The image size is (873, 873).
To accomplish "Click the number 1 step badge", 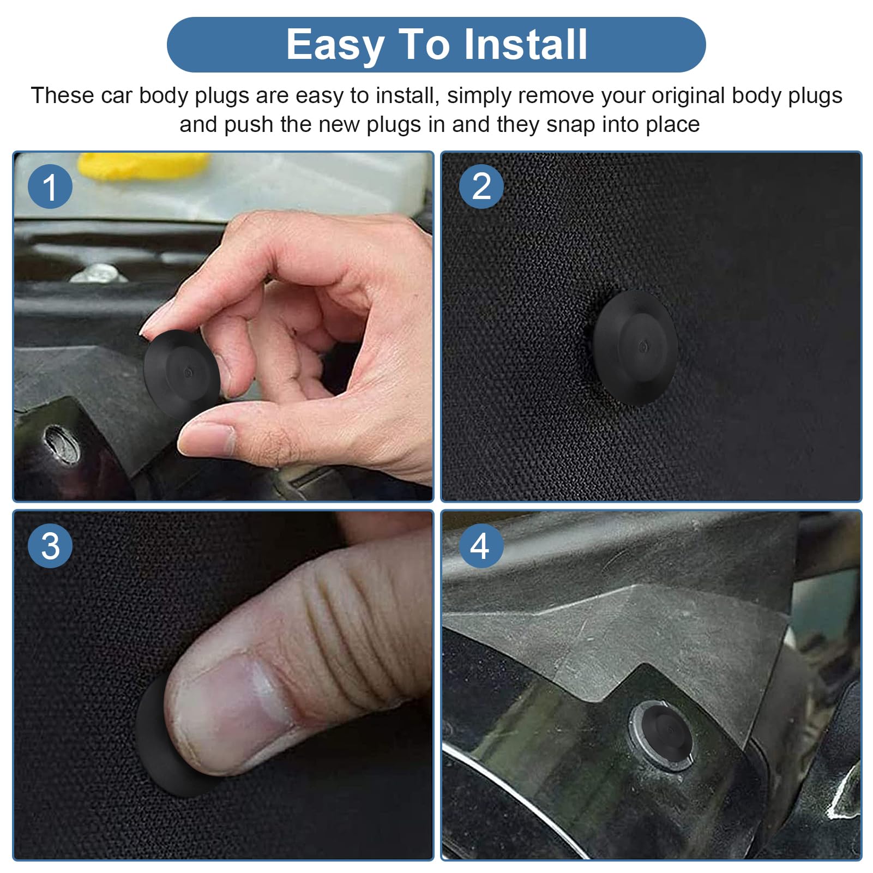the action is coord(50,186).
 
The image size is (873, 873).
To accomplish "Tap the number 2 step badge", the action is coord(481,186).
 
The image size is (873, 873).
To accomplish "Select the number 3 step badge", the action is coord(50,546).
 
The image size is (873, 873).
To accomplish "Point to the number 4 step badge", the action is coord(481,546).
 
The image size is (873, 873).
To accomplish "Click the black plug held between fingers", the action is coord(181,373).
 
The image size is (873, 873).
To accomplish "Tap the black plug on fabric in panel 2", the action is coord(635,347).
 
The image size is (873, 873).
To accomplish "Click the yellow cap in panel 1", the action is coord(143,165).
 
